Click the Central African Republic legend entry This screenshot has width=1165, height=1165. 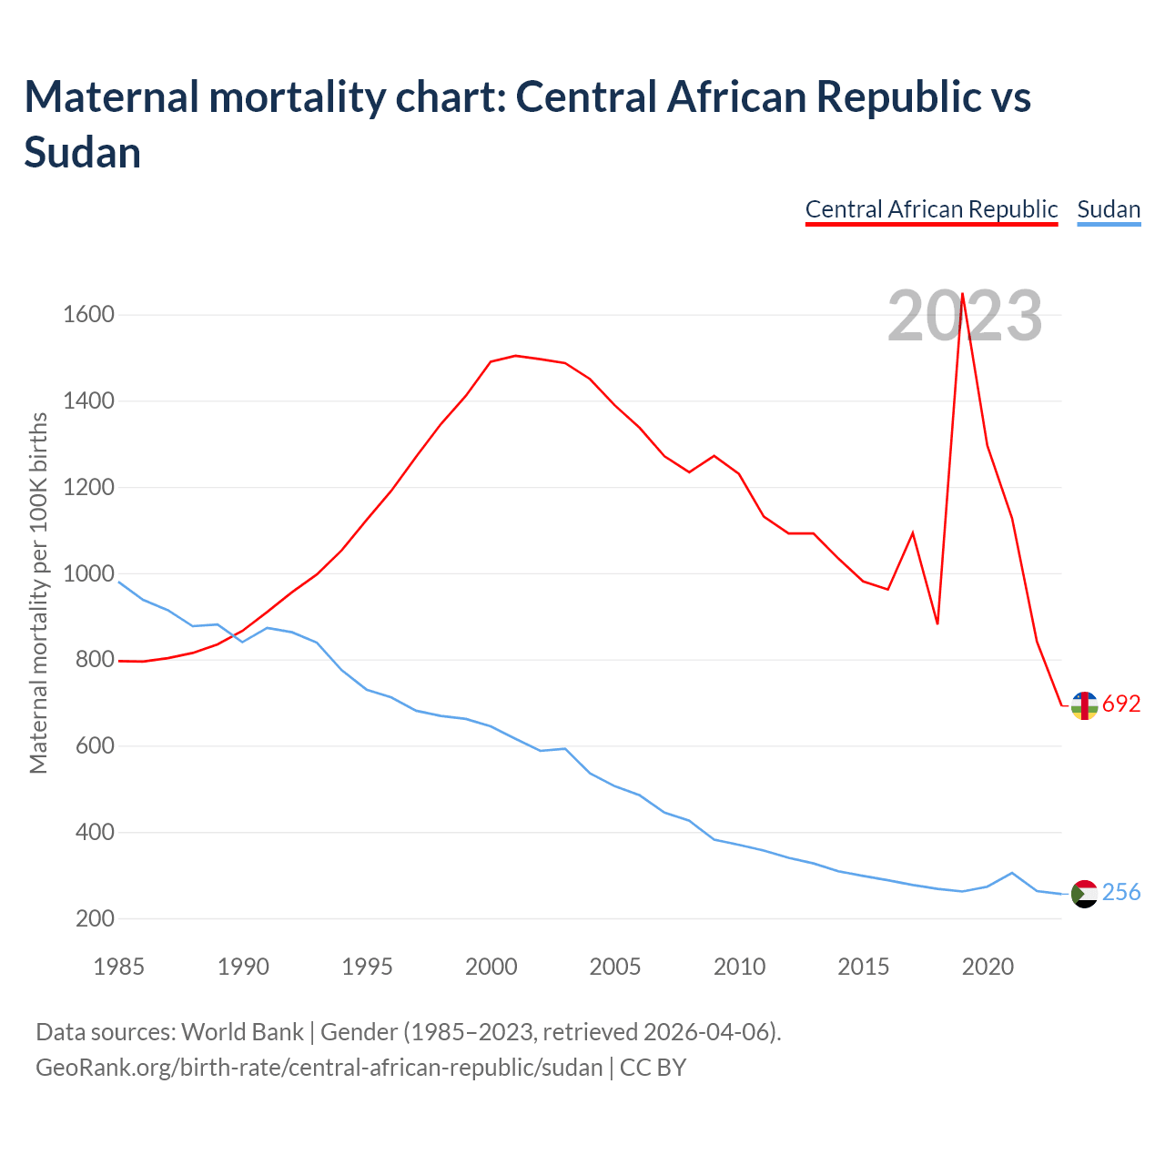[x=931, y=209]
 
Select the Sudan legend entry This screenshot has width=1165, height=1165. [x=1109, y=209]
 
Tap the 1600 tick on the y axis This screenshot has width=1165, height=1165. [x=88, y=315]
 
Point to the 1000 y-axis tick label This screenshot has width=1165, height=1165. [x=88, y=573]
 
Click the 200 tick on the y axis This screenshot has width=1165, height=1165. [x=95, y=918]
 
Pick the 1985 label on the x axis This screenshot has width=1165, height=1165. [x=119, y=967]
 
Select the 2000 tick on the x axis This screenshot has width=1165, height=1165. [x=491, y=967]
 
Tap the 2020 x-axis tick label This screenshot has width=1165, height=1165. [x=988, y=967]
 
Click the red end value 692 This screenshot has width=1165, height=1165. [x=1121, y=704]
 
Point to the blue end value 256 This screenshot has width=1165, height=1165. [x=1121, y=893]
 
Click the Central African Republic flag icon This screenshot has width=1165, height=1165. [x=1084, y=705]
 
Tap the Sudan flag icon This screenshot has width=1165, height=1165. [x=1084, y=894]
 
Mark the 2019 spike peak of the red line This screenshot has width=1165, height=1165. [x=962, y=294]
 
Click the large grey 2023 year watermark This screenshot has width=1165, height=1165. [x=965, y=317]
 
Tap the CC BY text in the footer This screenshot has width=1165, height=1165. [x=653, y=1067]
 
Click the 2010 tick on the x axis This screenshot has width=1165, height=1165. [x=739, y=967]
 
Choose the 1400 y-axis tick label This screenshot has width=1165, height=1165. [x=88, y=401]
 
